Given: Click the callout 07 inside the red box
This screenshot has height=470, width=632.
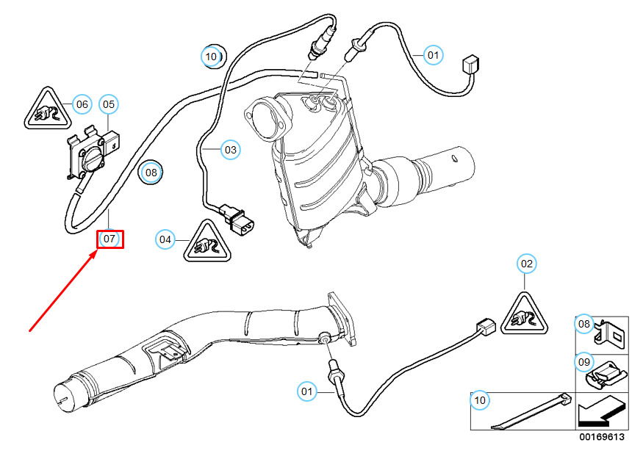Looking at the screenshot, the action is click(109, 239).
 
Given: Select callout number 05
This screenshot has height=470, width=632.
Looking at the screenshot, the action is click(109, 104).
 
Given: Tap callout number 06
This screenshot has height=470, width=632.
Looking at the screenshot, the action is click(82, 104).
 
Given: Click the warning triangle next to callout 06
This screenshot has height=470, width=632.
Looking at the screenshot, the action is click(48, 109).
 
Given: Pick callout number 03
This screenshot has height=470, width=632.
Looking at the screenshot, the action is click(231, 150).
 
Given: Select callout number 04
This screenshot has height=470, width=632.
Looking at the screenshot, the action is click(165, 239).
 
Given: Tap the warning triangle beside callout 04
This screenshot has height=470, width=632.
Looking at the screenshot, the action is click(207, 242).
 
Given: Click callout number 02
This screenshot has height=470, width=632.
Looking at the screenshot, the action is click(526, 264).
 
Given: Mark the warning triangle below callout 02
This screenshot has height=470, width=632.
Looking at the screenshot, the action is click(524, 315).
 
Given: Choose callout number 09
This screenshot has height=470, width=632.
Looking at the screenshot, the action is click(584, 362).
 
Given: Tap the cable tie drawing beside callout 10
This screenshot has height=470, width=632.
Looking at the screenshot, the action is click(531, 411).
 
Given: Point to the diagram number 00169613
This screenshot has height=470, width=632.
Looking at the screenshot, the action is click(602, 437).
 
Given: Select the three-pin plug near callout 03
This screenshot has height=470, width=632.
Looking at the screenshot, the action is click(239, 220).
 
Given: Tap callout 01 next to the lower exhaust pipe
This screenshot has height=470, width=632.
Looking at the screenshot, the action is click(306, 391).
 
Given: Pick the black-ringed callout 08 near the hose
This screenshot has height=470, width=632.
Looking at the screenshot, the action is click(151, 173).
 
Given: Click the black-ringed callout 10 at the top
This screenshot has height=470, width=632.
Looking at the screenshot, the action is click(214, 57).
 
